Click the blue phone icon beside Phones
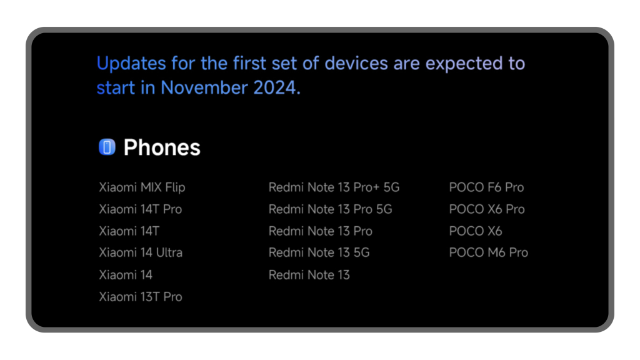107,147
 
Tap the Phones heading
162,147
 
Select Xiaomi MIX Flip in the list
142,187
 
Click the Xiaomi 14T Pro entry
141,209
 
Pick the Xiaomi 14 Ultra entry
141,252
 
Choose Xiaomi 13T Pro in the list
141,297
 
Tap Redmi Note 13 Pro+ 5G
334,187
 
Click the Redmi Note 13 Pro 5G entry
330,209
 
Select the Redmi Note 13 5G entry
319,252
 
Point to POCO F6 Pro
486,187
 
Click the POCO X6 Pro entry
487,209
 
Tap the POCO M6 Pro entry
489,252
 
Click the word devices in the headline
356,63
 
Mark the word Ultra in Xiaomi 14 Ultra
169,252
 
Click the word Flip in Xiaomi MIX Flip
175,187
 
